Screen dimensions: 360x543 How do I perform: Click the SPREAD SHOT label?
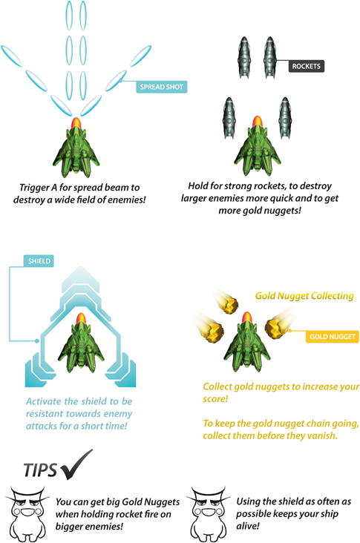162,87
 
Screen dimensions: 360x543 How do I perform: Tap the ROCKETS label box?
307,66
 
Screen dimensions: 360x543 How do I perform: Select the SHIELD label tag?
39,261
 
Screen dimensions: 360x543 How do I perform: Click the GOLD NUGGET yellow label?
333,337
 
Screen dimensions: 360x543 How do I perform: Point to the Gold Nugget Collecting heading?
304,296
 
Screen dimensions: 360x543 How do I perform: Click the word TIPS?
40,470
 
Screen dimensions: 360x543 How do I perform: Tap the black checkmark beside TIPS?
77,464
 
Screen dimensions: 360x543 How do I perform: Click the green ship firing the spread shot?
76,148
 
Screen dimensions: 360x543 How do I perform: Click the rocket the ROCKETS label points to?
269,57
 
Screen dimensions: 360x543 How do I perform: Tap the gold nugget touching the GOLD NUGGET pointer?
276,328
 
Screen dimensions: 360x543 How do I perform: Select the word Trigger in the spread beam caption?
34,188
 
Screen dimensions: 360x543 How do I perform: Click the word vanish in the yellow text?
323,435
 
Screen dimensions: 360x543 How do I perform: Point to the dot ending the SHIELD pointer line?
36,341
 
